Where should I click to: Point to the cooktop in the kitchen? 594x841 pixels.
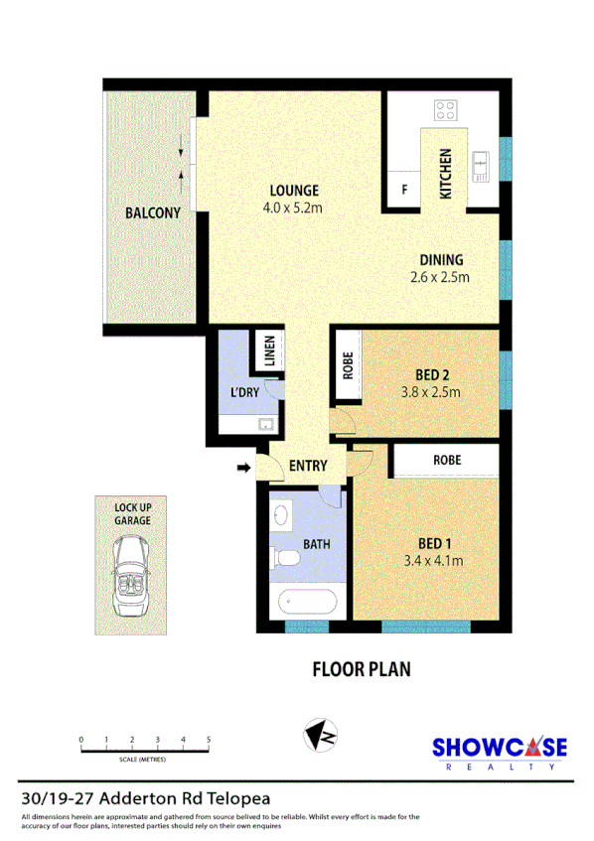click(x=444, y=111)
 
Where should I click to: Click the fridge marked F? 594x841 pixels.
click(x=404, y=189)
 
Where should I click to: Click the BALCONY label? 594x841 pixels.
click(x=152, y=212)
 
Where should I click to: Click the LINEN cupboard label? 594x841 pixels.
click(x=268, y=352)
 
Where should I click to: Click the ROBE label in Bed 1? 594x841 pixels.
click(x=446, y=461)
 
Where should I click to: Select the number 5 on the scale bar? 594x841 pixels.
click(x=209, y=740)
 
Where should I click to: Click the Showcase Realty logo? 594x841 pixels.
click(x=499, y=751)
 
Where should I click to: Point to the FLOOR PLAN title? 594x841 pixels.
click(x=362, y=669)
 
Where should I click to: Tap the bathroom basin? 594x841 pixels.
click(x=281, y=515)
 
